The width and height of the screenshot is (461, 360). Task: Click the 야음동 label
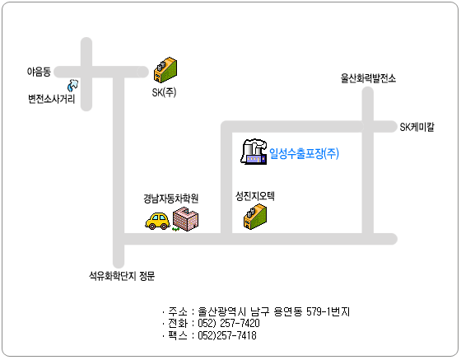(39, 72)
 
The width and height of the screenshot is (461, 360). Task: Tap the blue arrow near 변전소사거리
(73, 86)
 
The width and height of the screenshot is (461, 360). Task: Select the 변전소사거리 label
(51, 99)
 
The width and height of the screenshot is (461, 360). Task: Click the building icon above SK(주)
(165, 70)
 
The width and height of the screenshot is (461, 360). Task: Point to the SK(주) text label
(164, 92)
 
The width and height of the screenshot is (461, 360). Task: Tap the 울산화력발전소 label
(368, 78)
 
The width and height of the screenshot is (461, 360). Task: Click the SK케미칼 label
(417, 127)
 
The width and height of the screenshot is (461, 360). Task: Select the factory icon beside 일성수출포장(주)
(254, 152)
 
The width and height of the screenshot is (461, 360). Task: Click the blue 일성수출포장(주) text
(304, 153)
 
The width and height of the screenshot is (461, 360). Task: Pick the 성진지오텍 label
(255, 196)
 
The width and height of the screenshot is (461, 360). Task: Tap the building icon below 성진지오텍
(255, 217)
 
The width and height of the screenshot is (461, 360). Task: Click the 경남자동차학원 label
(171, 199)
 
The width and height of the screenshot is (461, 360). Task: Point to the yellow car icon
(157, 221)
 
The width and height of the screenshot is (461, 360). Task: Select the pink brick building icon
(185, 219)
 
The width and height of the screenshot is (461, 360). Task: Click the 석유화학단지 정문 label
(122, 276)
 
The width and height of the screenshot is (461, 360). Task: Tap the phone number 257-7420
(240, 323)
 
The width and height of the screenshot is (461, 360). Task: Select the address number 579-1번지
(328, 311)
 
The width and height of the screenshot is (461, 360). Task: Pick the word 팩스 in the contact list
(178, 335)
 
